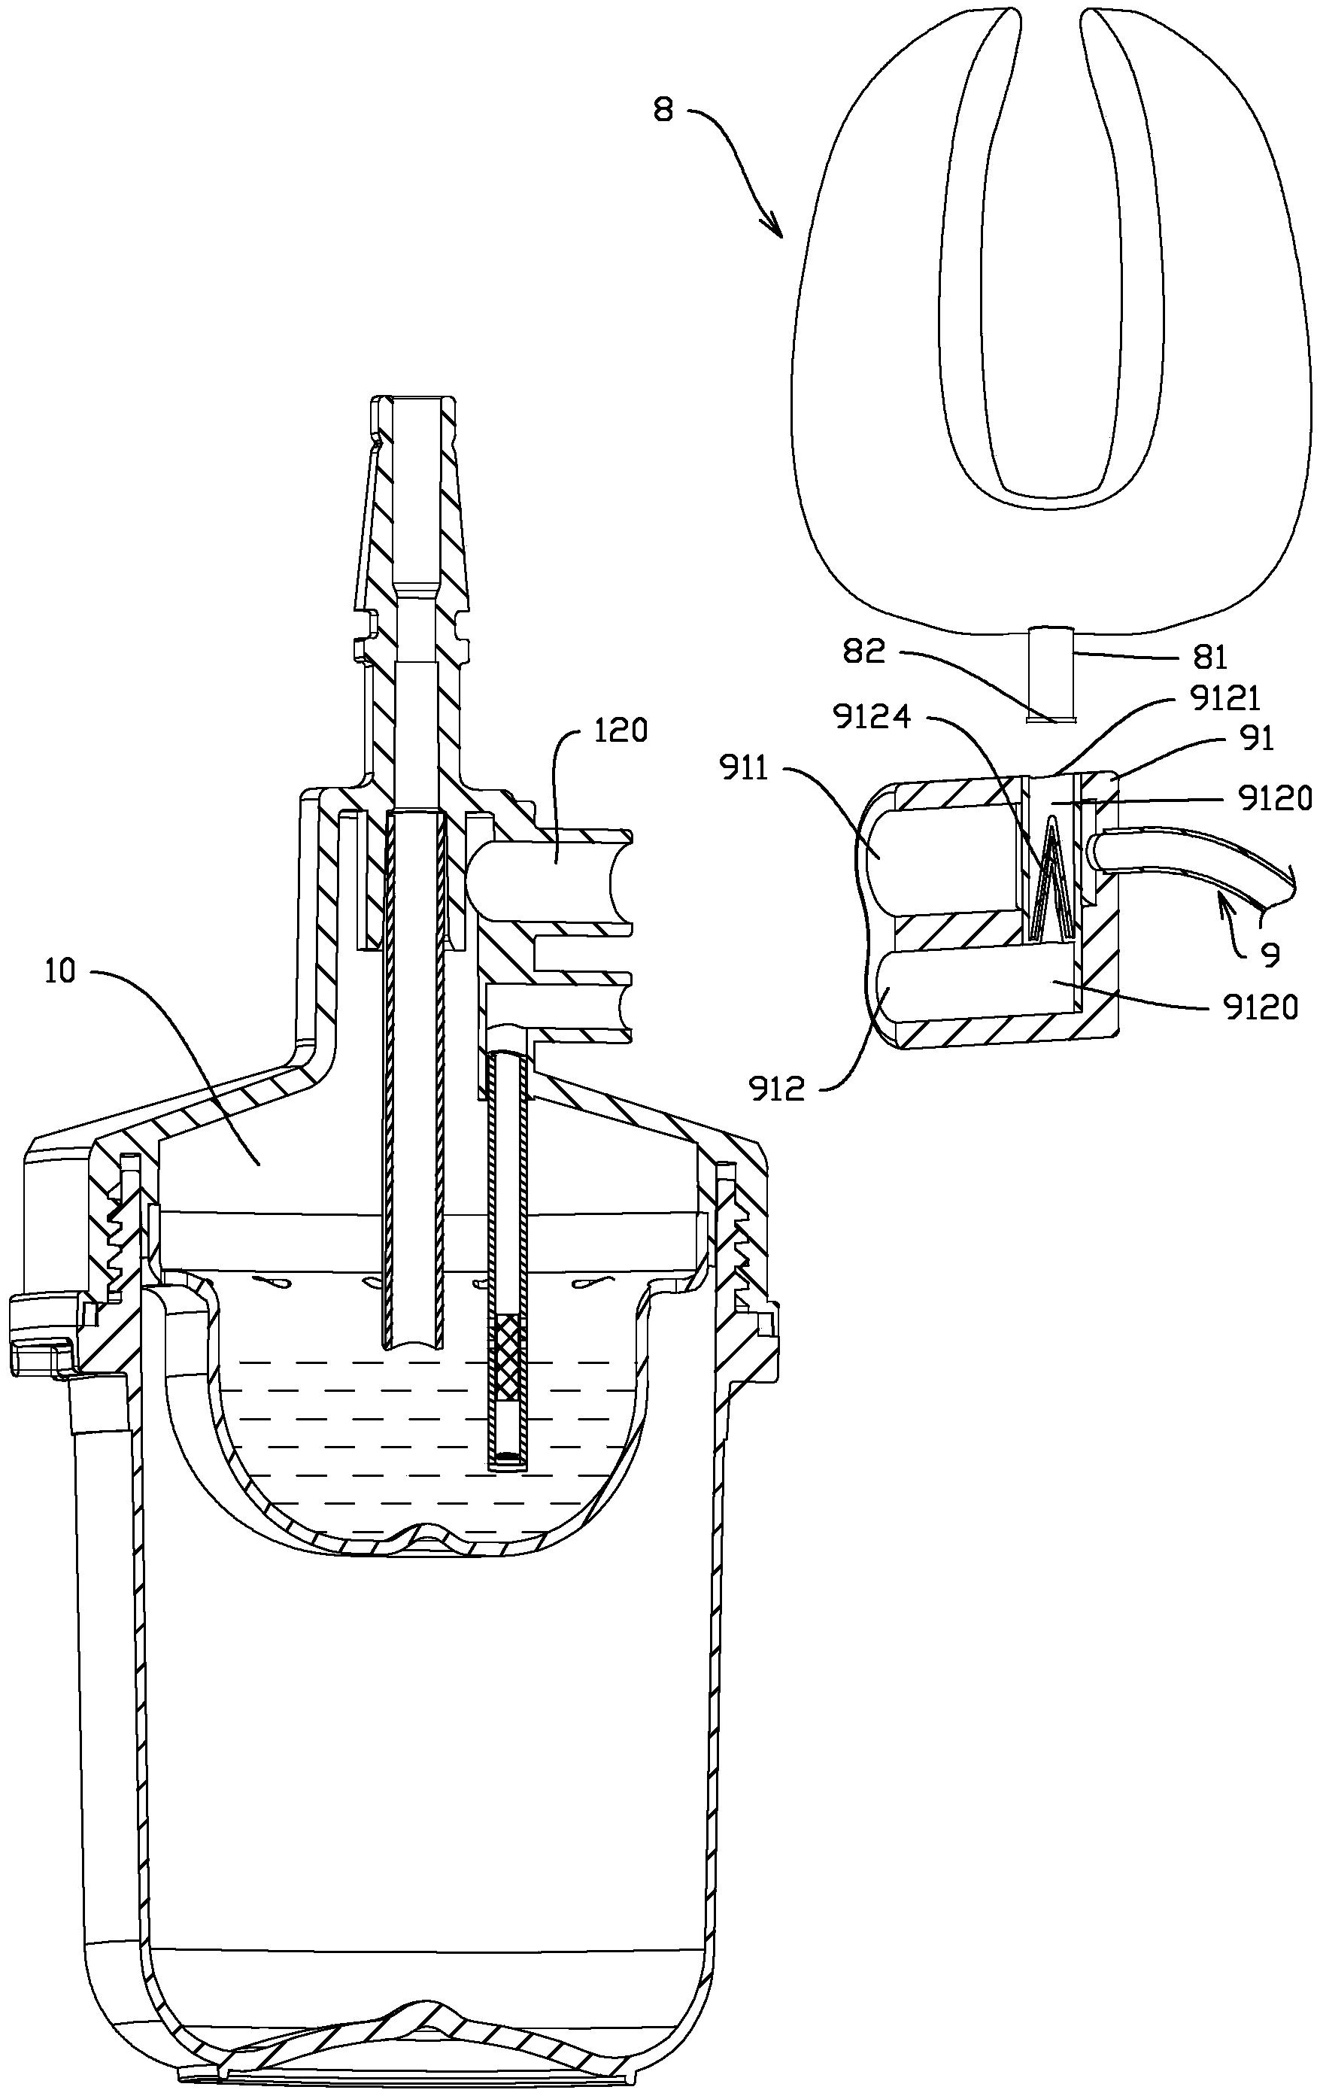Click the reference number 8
click(664, 112)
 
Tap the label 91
click(1255, 740)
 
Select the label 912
click(778, 1089)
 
